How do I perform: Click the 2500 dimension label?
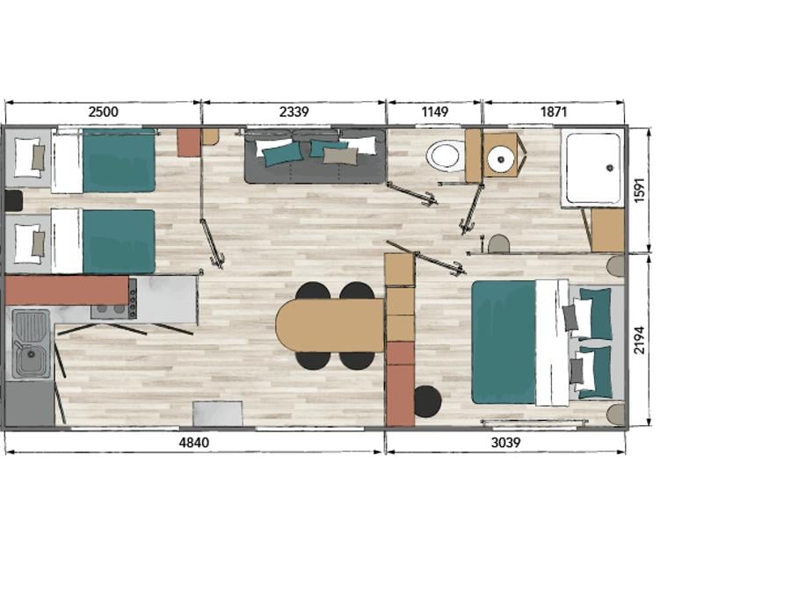point(104,112)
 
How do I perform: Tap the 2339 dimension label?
point(294,112)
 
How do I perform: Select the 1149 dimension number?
point(435,112)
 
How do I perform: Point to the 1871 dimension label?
point(554,112)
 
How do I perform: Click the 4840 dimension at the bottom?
point(194,442)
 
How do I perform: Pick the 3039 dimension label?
point(505,442)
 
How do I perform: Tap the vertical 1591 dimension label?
point(639,190)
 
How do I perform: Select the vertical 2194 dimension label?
point(639,340)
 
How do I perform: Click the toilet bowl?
point(445,155)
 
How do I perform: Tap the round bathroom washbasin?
point(500,159)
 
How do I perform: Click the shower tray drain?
point(610,168)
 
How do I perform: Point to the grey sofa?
point(316,156)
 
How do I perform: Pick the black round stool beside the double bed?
point(427,401)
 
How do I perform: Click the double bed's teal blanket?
point(504,343)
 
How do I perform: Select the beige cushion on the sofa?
point(340,155)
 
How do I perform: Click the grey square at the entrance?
point(217,414)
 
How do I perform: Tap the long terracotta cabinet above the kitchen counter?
point(67,290)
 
